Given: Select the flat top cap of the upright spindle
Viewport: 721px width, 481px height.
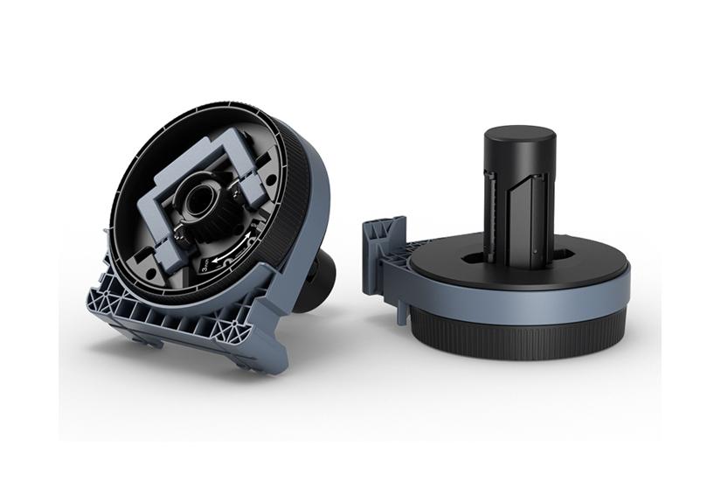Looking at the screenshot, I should click(x=519, y=138).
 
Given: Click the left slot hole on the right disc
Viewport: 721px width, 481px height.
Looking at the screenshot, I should click(x=473, y=258).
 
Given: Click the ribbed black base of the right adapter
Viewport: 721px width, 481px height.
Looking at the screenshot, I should click(x=524, y=336).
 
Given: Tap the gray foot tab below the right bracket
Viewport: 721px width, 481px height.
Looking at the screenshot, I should click(x=403, y=311).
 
